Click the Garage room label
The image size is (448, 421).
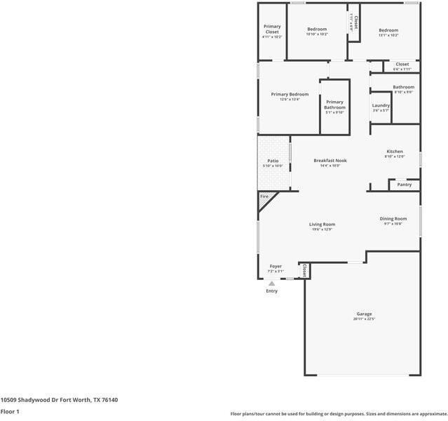click(x=363, y=314)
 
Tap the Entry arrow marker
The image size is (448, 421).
click(x=271, y=283)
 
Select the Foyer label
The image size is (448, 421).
click(x=276, y=267)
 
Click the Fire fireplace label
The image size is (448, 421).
click(x=264, y=196)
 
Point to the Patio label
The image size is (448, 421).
click(x=273, y=161)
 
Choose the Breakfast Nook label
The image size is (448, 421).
click(x=330, y=161)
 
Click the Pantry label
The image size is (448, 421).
click(x=404, y=185)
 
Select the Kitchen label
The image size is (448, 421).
click(x=395, y=152)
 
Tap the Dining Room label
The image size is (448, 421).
click(x=393, y=218)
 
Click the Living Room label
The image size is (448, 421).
click(x=322, y=225)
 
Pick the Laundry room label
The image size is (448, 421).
click(x=381, y=105)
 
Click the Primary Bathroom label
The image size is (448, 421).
click(x=334, y=105)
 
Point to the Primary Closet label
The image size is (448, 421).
click(x=271, y=29)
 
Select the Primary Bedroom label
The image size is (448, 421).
click(x=290, y=94)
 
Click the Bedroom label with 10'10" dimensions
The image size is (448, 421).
click(x=317, y=29)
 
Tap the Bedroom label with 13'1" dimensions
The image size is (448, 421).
click(x=388, y=30)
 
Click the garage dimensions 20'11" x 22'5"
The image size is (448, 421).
click(x=364, y=319)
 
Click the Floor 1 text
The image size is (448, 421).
click(x=10, y=411)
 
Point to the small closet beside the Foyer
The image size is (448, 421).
click(x=304, y=270)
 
